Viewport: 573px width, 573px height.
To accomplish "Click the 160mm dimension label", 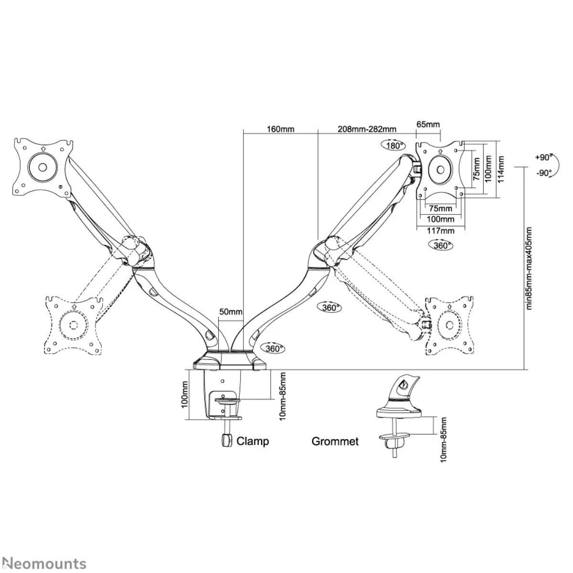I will point(280,129).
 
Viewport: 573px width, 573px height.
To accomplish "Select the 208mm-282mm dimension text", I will point(367,129).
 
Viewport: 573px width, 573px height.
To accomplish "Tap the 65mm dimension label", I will point(428,125).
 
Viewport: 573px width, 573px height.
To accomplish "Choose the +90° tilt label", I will point(543,157).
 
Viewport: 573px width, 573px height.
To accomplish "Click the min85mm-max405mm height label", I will point(529,268).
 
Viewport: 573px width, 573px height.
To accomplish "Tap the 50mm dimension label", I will point(231,312).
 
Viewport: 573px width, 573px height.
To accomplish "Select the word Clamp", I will point(253,441).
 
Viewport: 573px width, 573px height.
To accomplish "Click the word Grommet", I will point(335,441).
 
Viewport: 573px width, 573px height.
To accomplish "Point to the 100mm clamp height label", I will point(185,394).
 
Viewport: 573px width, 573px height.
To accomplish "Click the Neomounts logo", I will point(43,563).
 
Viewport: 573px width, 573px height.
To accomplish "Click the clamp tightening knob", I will point(225,440).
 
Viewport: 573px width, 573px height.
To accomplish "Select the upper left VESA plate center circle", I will point(42,167).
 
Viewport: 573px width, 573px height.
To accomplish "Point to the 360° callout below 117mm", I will point(439,245).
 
